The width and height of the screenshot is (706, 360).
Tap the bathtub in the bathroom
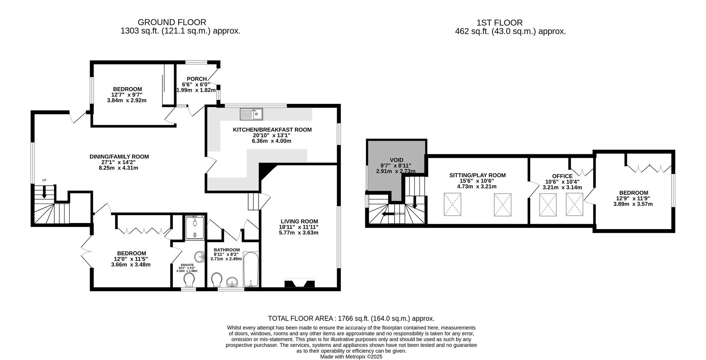click(x=251, y=269)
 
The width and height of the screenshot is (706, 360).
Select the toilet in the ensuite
click(x=189, y=281)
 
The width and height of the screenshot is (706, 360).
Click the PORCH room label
click(x=197, y=79)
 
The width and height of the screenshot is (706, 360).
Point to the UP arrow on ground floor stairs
click(x=44, y=191)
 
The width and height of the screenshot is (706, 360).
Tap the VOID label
click(x=396, y=160)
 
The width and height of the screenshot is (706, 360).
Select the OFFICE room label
click(x=562, y=176)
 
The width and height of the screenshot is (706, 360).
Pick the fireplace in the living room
click(x=299, y=284)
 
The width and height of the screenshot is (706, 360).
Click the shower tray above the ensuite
click(x=195, y=228)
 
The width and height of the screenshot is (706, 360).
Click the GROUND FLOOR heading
click(x=172, y=23)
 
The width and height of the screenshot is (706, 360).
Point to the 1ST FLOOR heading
click(x=499, y=23)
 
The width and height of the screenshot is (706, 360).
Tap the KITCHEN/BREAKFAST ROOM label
click(x=272, y=130)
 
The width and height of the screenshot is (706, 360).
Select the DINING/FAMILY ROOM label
click(x=119, y=156)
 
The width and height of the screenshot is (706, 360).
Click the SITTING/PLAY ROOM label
click(x=477, y=175)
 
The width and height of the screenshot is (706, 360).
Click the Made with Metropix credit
click(x=351, y=357)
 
